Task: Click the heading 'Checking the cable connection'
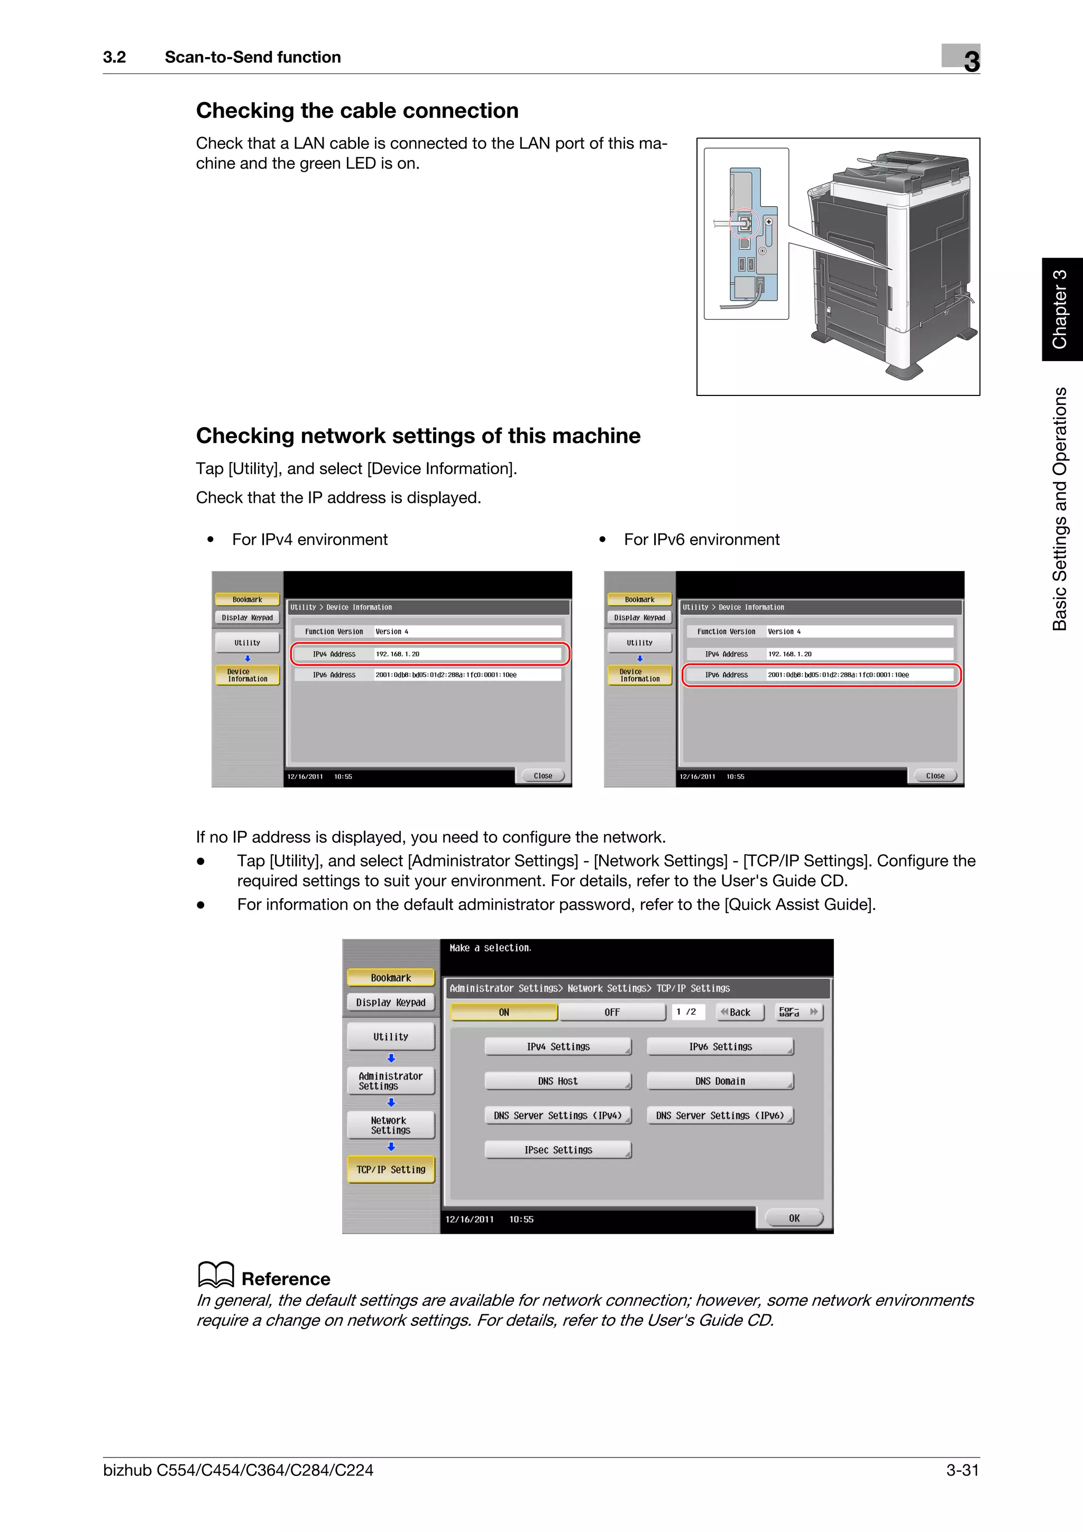[x=357, y=111]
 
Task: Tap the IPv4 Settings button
[x=558, y=1046]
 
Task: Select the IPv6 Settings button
[x=720, y=1046]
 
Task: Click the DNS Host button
[x=558, y=1081]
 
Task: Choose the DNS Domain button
[x=720, y=1081]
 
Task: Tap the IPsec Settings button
[x=558, y=1150]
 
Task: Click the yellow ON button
[x=504, y=1012]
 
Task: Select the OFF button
[x=612, y=1012]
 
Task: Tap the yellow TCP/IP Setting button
[x=391, y=1170]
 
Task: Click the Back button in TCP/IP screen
[x=739, y=1012]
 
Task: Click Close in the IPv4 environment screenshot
[x=543, y=776]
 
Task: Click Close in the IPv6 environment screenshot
[x=935, y=776]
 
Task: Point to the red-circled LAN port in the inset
[x=744, y=224]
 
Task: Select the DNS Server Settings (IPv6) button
[x=720, y=1115]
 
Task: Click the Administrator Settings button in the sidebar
[x=391, y=1081]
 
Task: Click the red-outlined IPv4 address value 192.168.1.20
[x=398, y=654]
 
